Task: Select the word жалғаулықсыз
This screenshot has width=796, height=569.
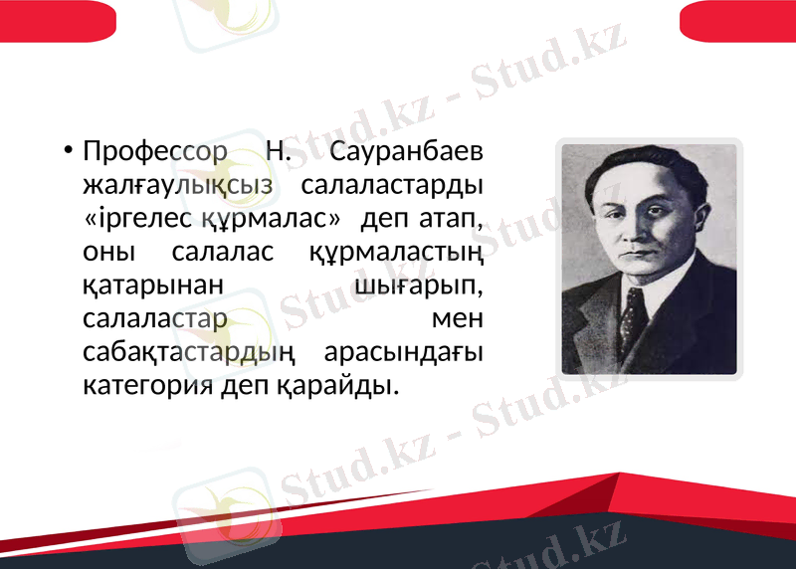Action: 178,185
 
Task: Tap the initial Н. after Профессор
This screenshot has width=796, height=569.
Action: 278,152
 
